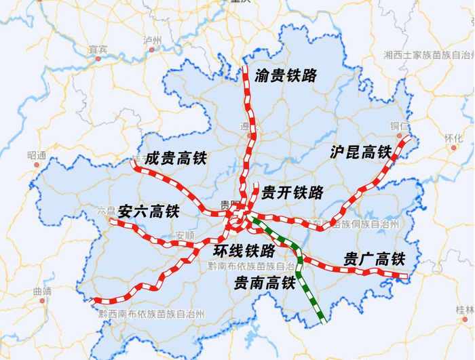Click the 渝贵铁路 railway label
point(286,76)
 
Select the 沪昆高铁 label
point(361,152)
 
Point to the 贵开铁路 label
point(292,192)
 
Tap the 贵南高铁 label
point(265,281)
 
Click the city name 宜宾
point(98,49)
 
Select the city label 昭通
point(37,155)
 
